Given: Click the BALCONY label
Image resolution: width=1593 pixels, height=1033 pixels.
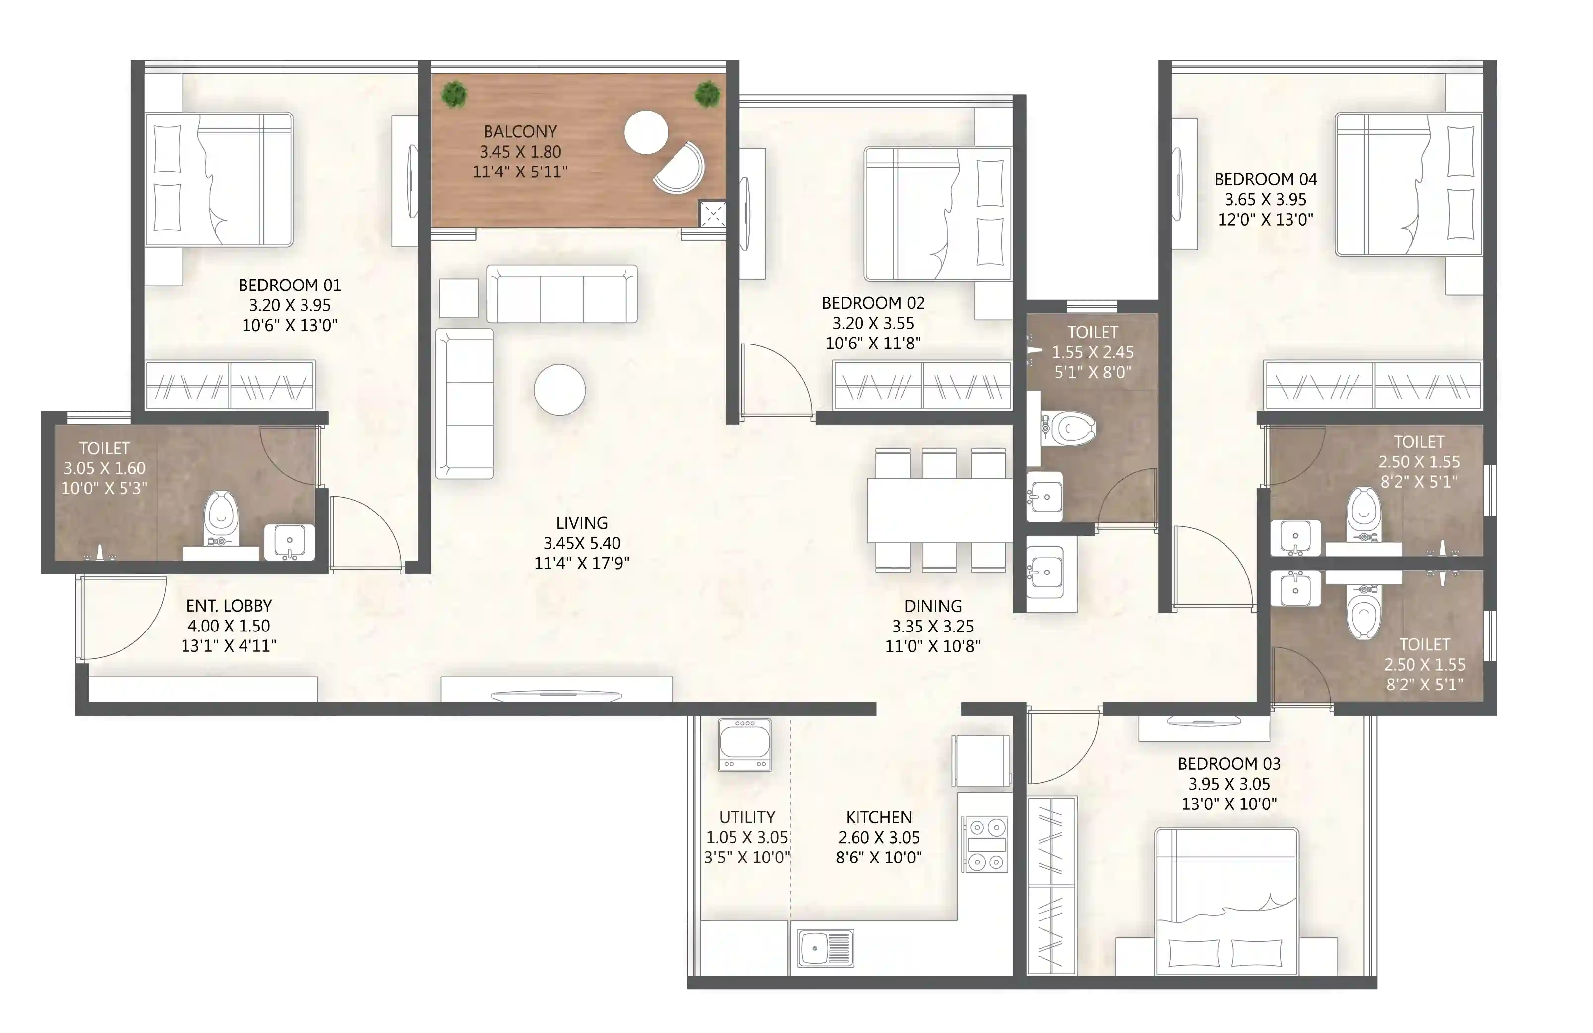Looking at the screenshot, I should click(520, 131).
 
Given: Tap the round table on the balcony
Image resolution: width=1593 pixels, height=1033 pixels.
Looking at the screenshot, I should click(645, 132).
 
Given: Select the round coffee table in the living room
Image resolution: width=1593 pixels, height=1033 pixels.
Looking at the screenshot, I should click(559, 390).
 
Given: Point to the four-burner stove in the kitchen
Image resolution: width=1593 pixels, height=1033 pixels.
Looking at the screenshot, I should click(986, 844).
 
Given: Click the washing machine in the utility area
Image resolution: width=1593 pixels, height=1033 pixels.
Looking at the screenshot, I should click(745, 745).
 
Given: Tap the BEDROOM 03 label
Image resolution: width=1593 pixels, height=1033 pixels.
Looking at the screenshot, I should click(1229, 763).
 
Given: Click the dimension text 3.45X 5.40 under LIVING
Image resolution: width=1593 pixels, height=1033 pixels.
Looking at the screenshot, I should click(582, 543).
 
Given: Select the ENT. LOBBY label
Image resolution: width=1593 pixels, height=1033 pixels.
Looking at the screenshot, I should click(229, 606).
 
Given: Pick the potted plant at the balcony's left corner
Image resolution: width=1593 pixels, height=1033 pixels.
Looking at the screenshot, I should click(454, 94).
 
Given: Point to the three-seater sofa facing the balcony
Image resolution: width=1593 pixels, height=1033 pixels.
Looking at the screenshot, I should click(561, 294).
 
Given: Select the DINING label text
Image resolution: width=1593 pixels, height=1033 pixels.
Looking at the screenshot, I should click(932, 606).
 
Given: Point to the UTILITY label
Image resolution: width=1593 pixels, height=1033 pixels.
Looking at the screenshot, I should click(747, 817).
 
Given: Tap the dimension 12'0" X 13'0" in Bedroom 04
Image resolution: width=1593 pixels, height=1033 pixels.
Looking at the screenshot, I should click(1265, 220).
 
